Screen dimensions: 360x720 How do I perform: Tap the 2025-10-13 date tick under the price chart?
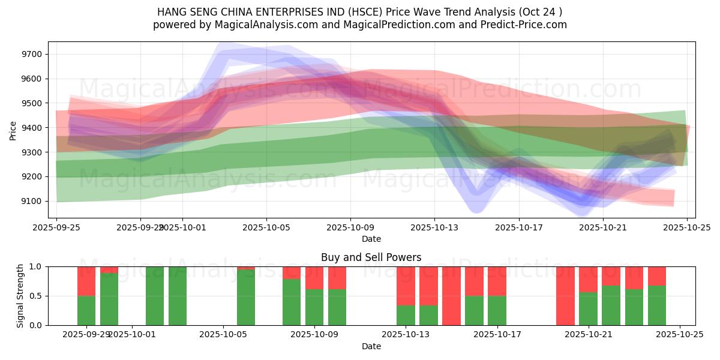435,227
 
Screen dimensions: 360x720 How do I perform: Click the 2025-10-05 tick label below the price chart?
266,227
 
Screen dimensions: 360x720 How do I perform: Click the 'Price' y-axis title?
13,130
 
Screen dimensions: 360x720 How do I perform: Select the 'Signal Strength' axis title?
20,296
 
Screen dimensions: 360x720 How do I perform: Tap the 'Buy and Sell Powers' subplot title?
371,257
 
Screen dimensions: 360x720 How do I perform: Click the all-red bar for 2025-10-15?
451,296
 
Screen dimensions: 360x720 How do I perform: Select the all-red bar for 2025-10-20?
565,296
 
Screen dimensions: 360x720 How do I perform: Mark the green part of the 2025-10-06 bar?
246,298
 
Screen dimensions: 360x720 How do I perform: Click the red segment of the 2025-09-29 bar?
86,281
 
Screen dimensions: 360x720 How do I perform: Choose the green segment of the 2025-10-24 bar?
657,305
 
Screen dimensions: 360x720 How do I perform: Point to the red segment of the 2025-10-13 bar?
406,286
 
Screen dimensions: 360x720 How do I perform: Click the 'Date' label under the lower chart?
371,346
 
